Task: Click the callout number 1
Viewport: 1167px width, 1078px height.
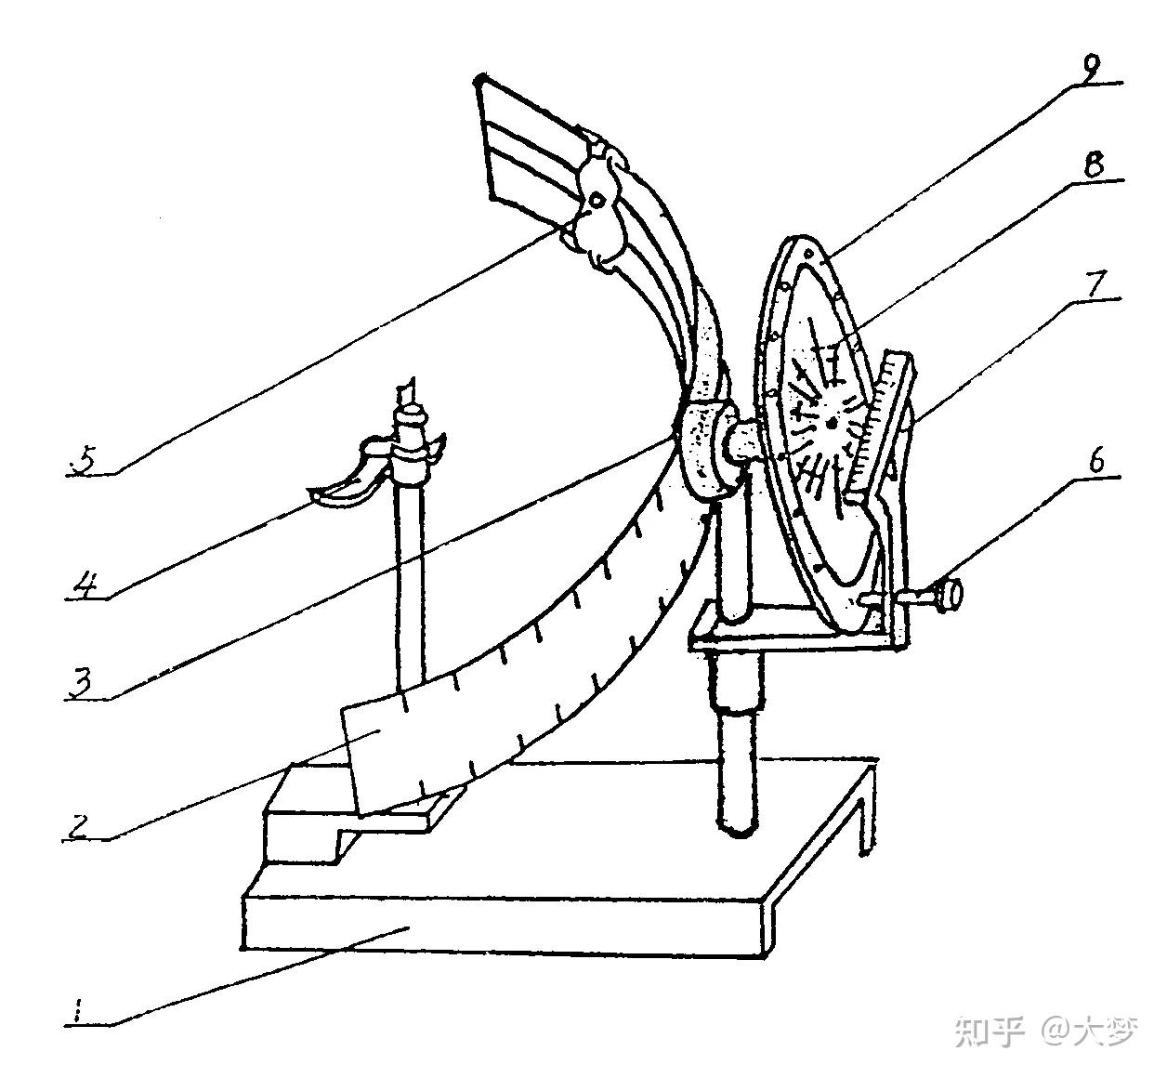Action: point(78,1008)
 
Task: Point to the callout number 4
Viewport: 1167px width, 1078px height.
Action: point(85,587)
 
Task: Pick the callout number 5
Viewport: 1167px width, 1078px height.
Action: point(85,462)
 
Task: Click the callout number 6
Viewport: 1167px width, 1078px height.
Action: point(1097,461)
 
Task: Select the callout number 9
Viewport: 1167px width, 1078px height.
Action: point(1092,70)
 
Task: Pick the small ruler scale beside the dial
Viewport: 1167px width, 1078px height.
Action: point(873,418)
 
